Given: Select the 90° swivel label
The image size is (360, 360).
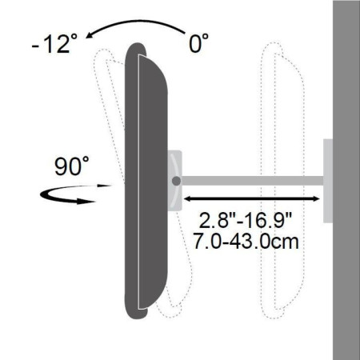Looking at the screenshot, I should (71, 167).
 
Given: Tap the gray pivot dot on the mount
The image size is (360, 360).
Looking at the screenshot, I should (175, 182).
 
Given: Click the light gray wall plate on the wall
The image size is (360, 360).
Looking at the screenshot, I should (328, 182).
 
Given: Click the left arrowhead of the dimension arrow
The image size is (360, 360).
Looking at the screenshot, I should (188, 198).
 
